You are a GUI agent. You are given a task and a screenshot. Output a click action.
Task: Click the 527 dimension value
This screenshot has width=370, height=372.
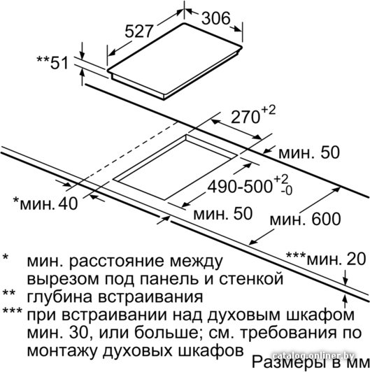[x=138, y=31]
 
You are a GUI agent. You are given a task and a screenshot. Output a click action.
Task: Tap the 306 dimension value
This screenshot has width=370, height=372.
[x=215, y=17]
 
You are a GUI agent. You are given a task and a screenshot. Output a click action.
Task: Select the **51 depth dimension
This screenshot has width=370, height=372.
[x=52, y=62]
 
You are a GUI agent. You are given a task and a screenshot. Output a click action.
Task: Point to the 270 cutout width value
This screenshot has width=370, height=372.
[x=245, y=117]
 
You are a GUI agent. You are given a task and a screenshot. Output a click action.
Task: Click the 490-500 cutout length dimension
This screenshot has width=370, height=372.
[x=240, y=187]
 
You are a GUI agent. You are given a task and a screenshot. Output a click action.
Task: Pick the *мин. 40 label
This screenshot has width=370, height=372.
[x=45, y=203]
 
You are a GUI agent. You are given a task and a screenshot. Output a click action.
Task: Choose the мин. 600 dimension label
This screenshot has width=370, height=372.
[x=306, y=220]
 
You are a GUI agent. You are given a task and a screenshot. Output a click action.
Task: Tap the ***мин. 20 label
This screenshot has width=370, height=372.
[x=326, y=259]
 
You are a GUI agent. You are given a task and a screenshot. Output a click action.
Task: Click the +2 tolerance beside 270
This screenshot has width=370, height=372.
[x=269, y=110]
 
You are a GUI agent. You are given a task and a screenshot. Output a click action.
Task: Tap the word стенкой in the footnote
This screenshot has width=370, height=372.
[x=251, y=279]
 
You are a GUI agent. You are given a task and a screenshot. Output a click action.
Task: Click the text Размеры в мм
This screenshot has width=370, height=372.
[x=310, y=362]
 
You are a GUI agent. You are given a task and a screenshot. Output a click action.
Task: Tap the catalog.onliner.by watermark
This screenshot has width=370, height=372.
[x=313, y=356]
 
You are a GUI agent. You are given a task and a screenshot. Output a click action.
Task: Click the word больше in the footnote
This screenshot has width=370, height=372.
[x=167, y=333]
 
